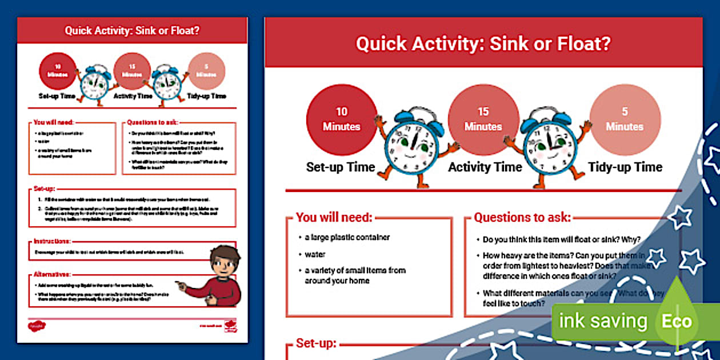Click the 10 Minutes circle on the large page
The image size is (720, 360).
341,119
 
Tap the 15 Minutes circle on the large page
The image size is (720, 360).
483,119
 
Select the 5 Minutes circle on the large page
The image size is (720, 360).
625,119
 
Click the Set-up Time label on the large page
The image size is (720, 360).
341,167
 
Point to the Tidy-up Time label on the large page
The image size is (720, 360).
625,167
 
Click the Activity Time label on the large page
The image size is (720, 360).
485,167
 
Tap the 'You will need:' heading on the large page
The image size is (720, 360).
334,218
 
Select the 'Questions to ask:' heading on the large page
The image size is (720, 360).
522,218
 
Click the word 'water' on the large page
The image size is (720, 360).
315,254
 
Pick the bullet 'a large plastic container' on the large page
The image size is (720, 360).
347,238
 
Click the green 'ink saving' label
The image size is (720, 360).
602,322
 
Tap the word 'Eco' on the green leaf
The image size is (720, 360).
677,322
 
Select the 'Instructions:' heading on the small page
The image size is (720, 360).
51,242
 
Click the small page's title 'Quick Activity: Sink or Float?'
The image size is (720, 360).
132,30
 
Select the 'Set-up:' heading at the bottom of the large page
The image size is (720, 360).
316,344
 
